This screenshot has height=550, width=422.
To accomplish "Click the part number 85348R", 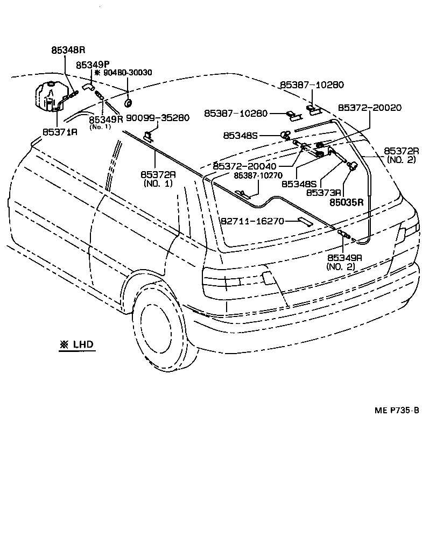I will point(68,50).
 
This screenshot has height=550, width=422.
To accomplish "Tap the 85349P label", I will point(93,65).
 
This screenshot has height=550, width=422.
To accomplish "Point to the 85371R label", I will point(60,131).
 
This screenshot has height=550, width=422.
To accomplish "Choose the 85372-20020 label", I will point(369,108).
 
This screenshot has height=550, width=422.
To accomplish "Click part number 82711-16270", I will point(252,221).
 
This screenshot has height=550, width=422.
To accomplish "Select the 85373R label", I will point(324,192).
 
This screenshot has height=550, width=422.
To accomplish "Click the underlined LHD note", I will point(76,344).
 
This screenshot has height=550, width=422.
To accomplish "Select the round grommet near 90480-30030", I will point(129,102).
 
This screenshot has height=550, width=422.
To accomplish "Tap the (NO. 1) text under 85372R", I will point(158,184).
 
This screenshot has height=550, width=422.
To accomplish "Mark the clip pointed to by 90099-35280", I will point(148,136).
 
